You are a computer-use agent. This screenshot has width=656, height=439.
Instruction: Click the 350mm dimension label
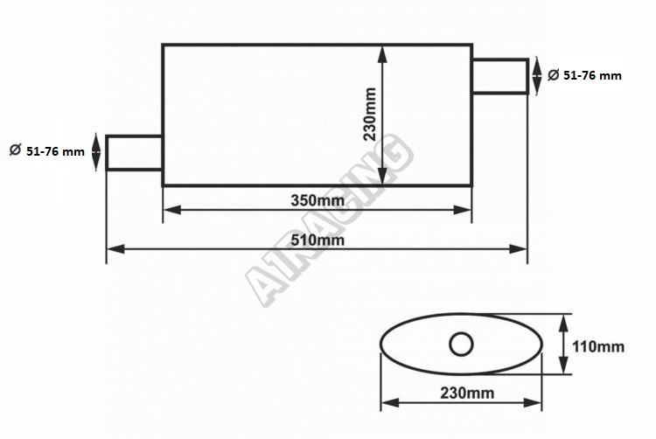click(x=318, y=200)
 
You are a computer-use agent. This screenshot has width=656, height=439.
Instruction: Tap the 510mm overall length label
click(x=318, y=240)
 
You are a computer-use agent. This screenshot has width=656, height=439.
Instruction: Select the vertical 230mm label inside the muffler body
click(x=370, y=115)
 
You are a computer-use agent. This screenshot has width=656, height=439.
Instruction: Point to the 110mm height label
click(x=598, y=346)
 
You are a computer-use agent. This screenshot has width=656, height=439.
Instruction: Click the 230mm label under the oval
click(x=467, y=393)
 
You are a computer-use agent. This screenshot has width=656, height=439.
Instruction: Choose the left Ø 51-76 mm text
click(x=47, y=151)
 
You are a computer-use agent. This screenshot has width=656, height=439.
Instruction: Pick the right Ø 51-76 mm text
click(x=585, y=75)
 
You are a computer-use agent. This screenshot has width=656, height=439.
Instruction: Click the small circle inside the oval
click(x=461, y=344)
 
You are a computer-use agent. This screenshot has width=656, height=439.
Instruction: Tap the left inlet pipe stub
click(x=134, y=153)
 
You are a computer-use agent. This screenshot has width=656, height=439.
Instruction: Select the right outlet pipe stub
click(x=500, y=76)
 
